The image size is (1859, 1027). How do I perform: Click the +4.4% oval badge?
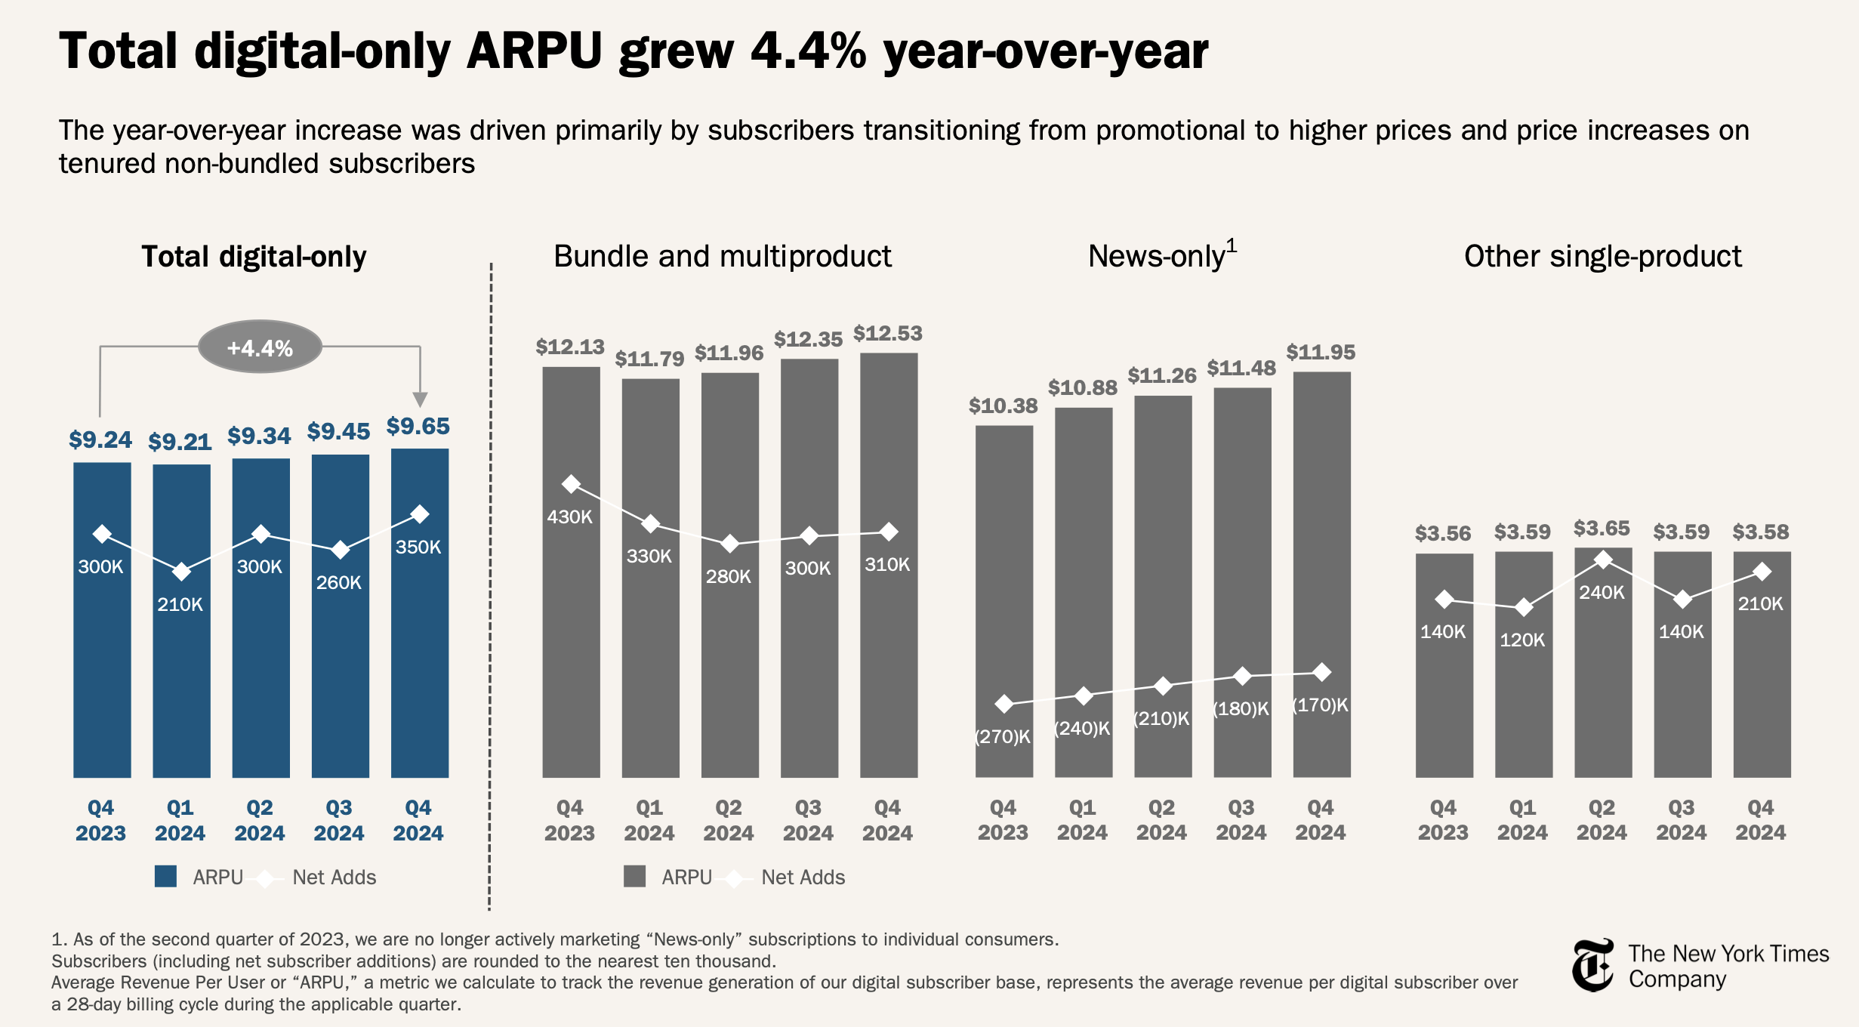click(x=260, y=347)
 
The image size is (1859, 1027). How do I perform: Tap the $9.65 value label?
click(x=418, y=427)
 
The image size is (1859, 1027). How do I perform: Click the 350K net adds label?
click(x=418, y=547)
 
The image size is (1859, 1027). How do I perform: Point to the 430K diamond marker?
click(x=572, y=484)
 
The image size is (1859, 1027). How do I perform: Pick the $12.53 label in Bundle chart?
click(x=887, y=334)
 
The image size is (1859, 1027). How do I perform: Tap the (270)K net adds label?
click(x=1003, y=737)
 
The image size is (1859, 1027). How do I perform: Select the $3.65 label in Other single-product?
click(x=1602, y=529)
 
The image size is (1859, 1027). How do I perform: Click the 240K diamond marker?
click(x=1603, y=560)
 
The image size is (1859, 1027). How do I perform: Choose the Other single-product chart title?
click(x=1602, y=257)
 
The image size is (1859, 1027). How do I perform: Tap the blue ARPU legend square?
click(x=165, y=877)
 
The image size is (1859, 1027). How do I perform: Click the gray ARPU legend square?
click(x=634, y=877)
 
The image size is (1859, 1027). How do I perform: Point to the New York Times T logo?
click(x=1592, y=966)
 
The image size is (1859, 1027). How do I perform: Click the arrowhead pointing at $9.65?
click(x=421, y=399)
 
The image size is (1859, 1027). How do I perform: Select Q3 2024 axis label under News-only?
click(x=1241, y=820)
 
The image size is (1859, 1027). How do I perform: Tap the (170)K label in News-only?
click(x=1320, y=705)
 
